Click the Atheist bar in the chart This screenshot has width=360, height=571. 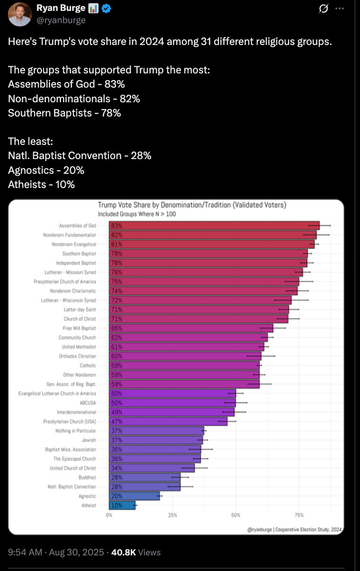(x=122, y=506)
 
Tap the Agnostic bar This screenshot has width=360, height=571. (x=135, y=496)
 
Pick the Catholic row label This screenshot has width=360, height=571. (x=88, y=366)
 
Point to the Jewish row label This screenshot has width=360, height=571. (x=89, y=440)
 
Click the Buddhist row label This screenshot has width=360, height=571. (x=87, y=478)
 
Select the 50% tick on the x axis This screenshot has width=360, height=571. (x=235, y=515)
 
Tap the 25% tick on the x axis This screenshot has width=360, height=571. (x=172, y=515)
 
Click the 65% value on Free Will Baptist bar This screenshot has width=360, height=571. (x=117, y=328)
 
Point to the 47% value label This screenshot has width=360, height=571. (x=117, y=421)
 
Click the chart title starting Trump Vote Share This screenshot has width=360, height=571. (x=192, y=205)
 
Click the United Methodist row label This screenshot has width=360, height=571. (x=80, y=347)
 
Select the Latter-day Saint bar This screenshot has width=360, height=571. (x=199, y=310)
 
